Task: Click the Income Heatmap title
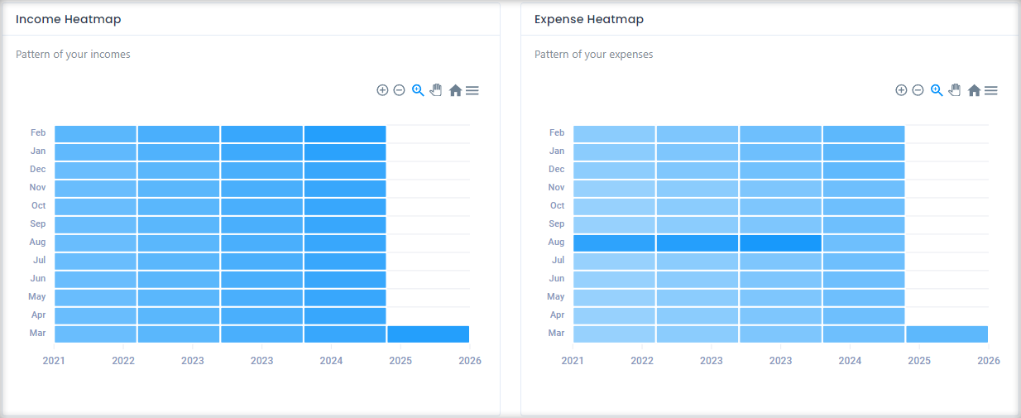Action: [69, 19]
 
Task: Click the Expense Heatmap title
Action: [589, 19]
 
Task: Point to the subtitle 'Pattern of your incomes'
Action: [73, 55]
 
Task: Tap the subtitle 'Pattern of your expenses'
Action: [593, 55]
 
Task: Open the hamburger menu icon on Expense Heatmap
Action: [990, 90]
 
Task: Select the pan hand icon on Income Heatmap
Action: [436, 90]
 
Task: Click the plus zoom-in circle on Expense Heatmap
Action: [901, 90]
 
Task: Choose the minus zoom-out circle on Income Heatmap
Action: [399, 90]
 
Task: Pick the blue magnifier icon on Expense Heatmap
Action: [937, 90]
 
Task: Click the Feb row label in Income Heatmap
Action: [38, 132]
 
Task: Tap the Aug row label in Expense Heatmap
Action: [556, 242]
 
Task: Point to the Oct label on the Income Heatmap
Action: [38, 205]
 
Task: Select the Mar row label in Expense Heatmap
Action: [556, 333]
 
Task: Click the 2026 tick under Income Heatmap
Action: [469, 361]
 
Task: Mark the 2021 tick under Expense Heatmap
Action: [573, 361]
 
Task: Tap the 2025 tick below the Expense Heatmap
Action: [918, 361]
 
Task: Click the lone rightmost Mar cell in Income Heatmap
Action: [428, 334]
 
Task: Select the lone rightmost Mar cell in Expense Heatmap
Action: [947, 334]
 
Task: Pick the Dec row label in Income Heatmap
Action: [38, 169]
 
